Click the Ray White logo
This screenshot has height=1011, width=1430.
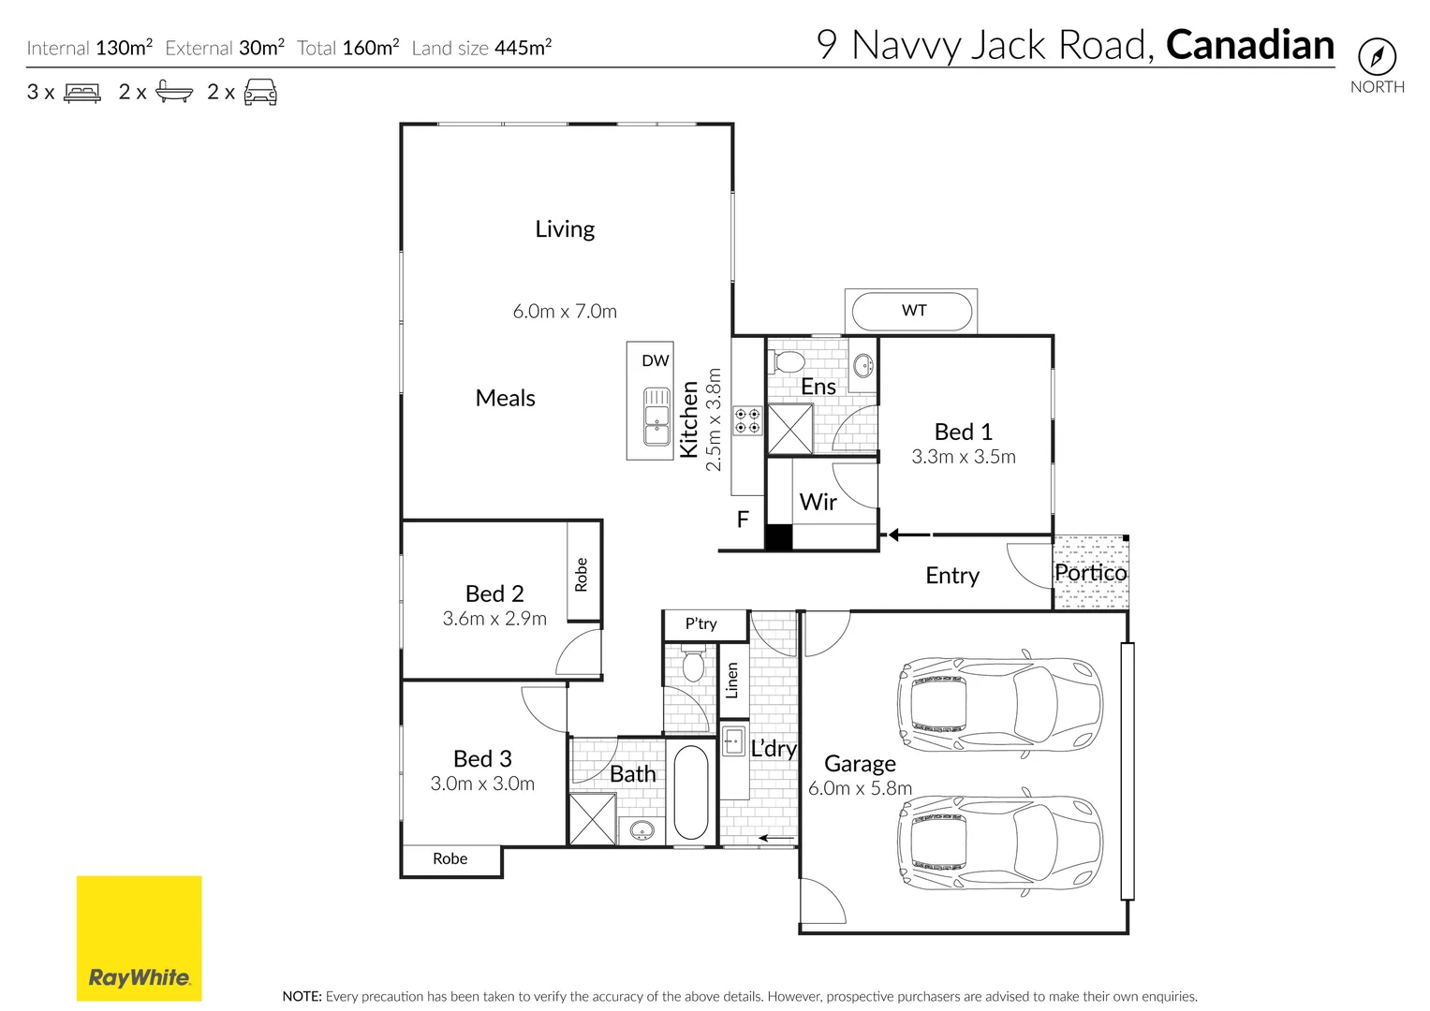pos(139,938)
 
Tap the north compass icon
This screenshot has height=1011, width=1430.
pos(1377,57)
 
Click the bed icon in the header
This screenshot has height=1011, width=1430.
pos(82,93)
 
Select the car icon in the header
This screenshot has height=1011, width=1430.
pos(260,92)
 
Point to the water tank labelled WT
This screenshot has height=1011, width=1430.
pos(913,311)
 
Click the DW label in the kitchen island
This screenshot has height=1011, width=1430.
pos(656,360)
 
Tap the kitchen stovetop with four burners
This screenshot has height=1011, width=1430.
pos(747,420)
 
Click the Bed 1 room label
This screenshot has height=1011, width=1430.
pos(963,432)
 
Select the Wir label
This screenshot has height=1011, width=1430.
pos(818,503)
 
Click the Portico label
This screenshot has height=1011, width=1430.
pos(1090,572)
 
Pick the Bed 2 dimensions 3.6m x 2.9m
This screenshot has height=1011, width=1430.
pos(494,619)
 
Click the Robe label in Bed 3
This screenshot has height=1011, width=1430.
pos(450,858)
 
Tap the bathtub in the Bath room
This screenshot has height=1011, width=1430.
pos(691,792)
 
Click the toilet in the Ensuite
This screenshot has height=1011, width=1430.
pos(789,361)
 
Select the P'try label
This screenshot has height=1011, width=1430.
pos(700,623)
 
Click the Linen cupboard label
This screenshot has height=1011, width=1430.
pos(732,681)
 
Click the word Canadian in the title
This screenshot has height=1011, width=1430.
pos(1249,45)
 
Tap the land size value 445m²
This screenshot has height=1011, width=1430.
pos(523,48)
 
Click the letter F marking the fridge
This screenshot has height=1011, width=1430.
pos(743,520)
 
